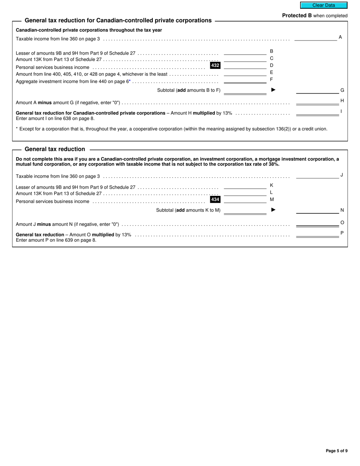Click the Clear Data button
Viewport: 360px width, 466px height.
click(324, 5)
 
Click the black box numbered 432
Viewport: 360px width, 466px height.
click(215, 66)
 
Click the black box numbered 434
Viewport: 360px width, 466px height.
click(215, 200)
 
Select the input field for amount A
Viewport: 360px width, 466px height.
click(315, 37)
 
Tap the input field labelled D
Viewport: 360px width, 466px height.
click(245, 66)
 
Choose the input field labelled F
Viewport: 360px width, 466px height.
click(245, 80)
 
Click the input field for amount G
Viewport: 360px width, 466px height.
click(317, 90)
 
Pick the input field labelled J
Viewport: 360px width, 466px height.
click(317, 175)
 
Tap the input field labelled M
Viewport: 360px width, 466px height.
click(245, 200)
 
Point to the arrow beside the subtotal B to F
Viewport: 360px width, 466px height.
click(273, 90)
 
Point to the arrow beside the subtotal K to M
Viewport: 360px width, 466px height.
click(273, 210)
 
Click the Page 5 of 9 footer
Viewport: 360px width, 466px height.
click(337, 451)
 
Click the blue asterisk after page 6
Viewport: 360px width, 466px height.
click(130, 81)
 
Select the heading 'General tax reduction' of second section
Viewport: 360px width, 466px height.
click(55, 149)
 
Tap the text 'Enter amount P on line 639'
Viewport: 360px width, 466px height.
click(56, 240)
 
